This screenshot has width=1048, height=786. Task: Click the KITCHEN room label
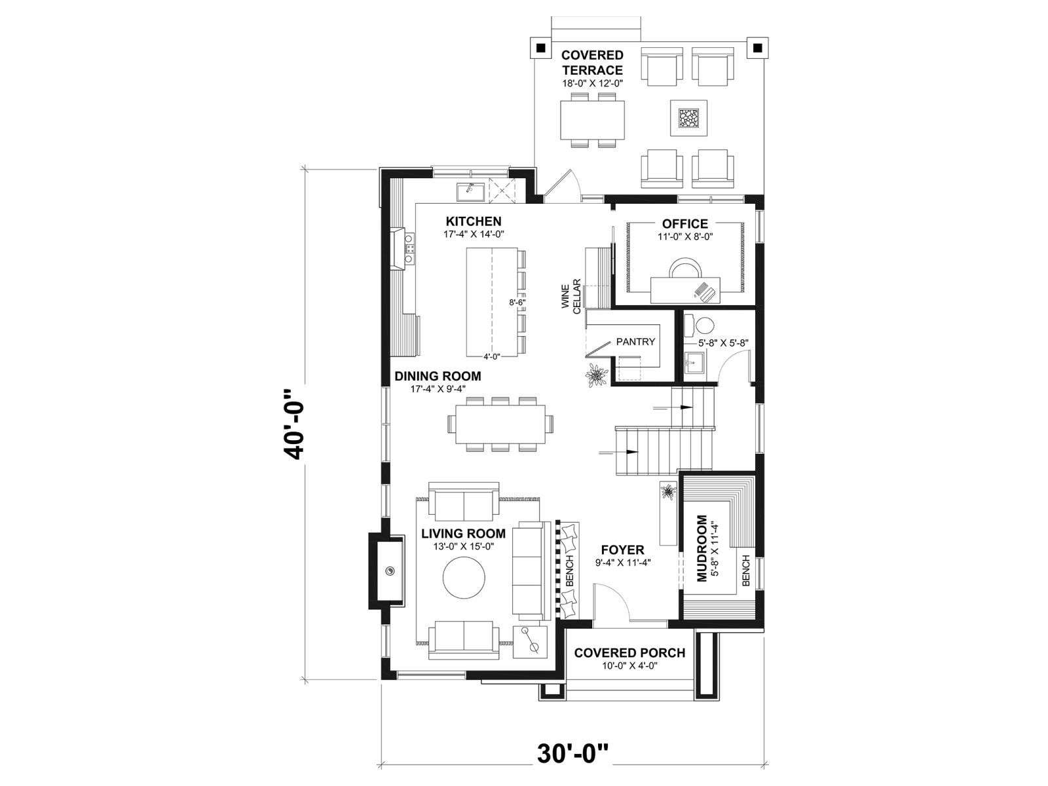point(473,221)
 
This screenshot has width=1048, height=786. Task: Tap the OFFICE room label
point(684,224)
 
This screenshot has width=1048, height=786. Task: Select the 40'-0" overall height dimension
point(293,424)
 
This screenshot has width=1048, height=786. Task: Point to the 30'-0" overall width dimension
point(573,754)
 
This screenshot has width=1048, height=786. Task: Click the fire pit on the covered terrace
point(688,117)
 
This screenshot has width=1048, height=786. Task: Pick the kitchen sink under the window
point(137,193)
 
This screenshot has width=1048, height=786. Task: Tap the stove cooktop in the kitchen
point(75,248)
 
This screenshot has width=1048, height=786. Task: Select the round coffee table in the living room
point(464,577)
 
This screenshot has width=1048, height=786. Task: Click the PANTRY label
point(635,342)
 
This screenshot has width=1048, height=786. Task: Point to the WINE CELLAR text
point(571,296)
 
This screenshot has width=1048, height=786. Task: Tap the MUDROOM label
point(702,548)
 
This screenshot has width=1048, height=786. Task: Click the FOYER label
point(623,550)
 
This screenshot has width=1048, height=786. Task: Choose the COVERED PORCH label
point(629,652)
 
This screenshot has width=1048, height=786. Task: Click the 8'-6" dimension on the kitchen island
point(517,302)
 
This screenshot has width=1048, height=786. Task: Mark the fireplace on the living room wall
point(386,571)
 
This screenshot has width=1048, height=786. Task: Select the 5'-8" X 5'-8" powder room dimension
point(723,342)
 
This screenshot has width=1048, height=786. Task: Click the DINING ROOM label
point(438,376)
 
